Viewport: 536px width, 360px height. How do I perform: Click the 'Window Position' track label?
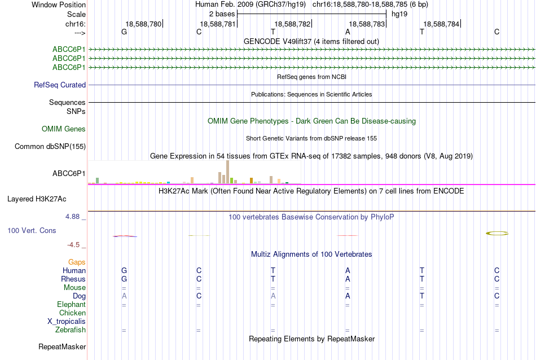point(59,5)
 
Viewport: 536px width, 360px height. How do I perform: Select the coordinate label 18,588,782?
point(292,24)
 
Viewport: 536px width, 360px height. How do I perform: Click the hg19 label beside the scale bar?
point(399,14)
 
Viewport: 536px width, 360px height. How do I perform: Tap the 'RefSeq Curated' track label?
point(60,85)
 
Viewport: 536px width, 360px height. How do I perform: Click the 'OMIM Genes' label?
point(64,129)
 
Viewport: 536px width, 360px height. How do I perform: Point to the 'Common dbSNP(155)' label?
point(50,146)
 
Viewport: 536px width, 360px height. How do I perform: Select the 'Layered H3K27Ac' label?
point(37,199)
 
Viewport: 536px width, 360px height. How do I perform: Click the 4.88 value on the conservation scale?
point(72,217)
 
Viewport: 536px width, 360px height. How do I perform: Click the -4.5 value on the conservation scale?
point(73,245)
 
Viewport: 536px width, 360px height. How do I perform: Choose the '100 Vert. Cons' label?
point(32,230)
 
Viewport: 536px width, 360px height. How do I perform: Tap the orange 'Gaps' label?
point(77,262)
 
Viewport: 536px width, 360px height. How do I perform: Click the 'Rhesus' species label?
point(73,279)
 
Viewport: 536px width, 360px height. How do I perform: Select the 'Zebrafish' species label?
point(71,330)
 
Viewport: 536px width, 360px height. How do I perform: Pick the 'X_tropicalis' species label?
point(67,322)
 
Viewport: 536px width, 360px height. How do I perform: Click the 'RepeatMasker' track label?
point(62,346)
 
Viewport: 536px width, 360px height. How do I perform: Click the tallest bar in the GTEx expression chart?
point(228,172)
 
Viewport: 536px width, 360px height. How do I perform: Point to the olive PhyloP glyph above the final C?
point(497,234)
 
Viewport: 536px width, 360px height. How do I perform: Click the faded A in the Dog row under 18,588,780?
point(124,296)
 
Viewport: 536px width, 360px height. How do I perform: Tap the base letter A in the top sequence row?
point(348,32)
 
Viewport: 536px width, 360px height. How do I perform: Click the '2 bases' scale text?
point(222,14)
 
